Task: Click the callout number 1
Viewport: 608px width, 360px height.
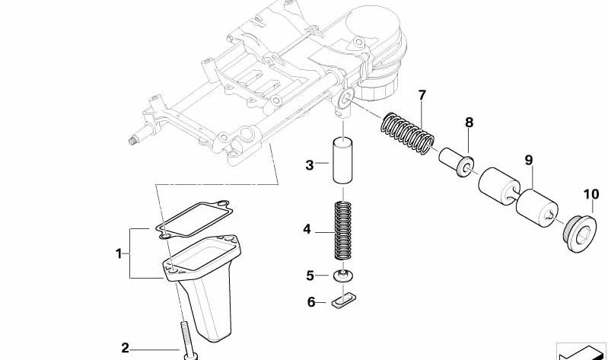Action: pos(119,253)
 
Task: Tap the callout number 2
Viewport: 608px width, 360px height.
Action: pos(126,348)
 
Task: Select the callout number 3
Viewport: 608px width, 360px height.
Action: pos(310,164)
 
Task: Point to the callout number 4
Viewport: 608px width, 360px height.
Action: pos(307,228)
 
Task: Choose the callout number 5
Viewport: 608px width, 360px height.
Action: pos(310,275)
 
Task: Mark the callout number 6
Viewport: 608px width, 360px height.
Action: pos(311,302)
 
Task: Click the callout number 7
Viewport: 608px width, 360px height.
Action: pos(422,96)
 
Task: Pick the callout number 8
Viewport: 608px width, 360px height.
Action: pos(469,122)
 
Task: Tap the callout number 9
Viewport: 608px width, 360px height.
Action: pos(528,161)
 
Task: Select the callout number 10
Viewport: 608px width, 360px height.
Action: pos(591,195)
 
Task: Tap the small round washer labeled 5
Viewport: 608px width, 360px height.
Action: pos(343,275)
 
